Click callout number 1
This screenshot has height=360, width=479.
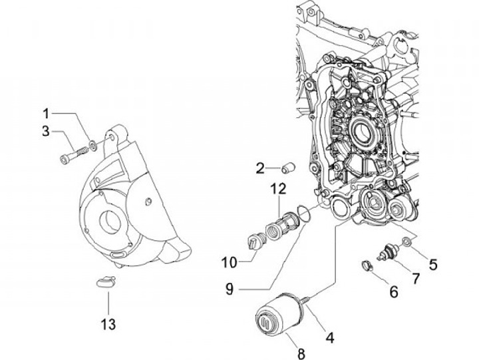click(x=46, y=114)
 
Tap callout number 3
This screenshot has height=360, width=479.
click(x=46, y=131)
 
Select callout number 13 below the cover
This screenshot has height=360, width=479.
click(x=108, y=324)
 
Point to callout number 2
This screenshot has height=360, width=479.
click(x=260, y=168)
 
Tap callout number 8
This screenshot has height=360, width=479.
click(x=301, y=353)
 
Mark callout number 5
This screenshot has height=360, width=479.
click(x=433, y=265)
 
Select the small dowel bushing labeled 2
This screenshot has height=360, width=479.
click(x=288, y=168)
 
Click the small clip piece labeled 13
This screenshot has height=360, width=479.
click(x=105, y=281)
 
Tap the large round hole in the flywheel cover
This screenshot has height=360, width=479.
click(x=109, y=221)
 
